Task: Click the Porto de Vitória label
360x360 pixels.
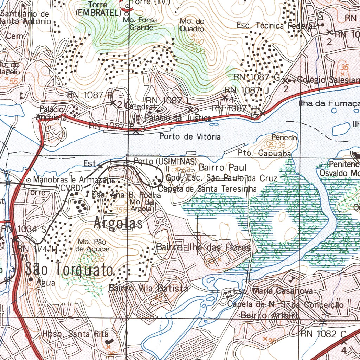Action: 190,136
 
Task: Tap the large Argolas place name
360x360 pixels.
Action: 118,224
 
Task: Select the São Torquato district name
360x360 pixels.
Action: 69,270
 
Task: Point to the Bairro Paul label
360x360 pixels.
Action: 223,167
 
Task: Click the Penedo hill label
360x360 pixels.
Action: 284,137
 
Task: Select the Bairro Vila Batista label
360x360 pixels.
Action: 148,288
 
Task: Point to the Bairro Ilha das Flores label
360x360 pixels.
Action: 204,247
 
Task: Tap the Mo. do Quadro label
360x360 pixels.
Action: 192,25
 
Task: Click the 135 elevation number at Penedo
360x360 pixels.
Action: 280,145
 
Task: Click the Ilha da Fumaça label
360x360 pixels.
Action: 329,103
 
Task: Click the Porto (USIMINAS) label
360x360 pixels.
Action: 165,161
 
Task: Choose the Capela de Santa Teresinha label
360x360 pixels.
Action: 207,189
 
